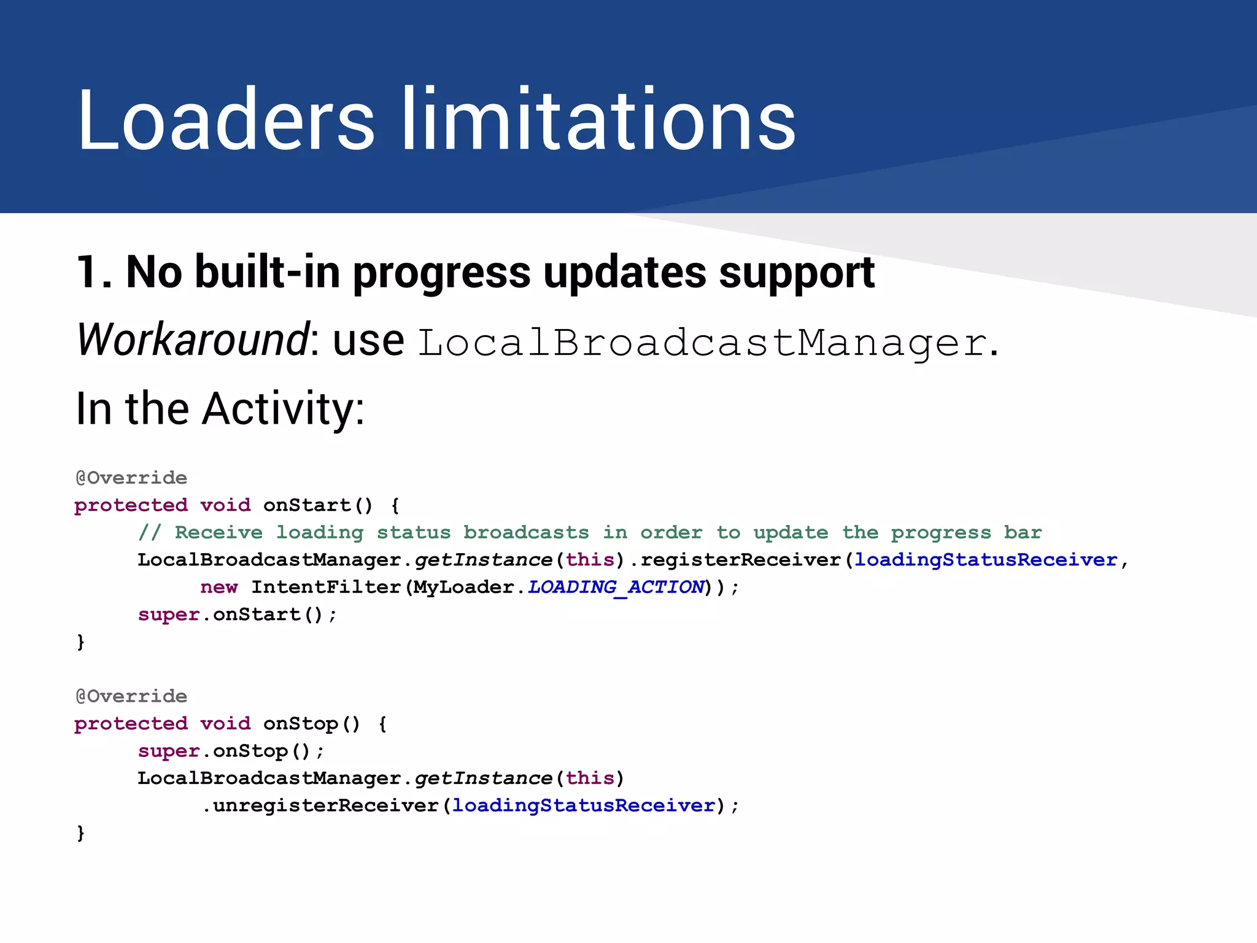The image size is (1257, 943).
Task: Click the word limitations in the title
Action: tap(598, 120)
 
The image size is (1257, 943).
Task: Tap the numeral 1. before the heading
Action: tap(94, 272)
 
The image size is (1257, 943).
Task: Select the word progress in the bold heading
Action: tap(441, 273)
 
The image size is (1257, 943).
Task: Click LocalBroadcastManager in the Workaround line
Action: tap(702, 342)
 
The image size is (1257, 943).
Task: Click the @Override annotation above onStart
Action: tap(131, 478)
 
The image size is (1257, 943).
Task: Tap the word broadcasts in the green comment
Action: tap(526, 532)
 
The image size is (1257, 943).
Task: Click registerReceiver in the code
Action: tap(740, 560)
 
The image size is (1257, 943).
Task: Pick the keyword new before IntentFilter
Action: tap(219, 587)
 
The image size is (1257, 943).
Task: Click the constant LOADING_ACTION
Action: tap(616, 587)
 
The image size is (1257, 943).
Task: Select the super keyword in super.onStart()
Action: tap(169, 615)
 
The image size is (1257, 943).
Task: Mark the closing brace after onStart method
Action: tap(80, 642)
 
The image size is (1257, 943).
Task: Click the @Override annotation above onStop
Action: tap(131, 696)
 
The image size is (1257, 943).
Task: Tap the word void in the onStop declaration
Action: tap(225, 724)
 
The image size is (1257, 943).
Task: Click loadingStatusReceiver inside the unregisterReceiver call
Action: tap(584, 805)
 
